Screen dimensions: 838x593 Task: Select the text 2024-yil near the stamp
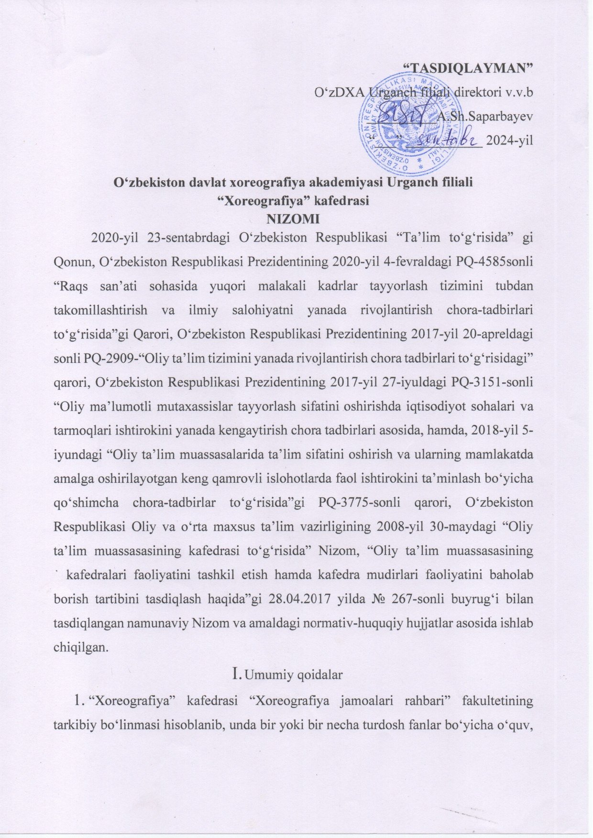point(509,141)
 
